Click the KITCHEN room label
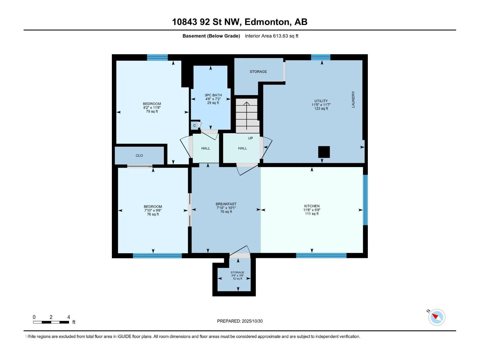coord(312,206)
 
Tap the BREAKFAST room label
coord(226,204)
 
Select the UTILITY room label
coord(321,101)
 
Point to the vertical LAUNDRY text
coord(353,100)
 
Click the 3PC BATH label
coord(213,95)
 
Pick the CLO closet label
coord(139,155)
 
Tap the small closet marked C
coord(194,126)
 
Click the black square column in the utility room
coord(324,152)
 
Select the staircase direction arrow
coord(247,115)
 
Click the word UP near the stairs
coord(250,138)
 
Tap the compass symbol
coord(436,317)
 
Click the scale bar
coord(51,322)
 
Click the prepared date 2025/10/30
coord(252,321)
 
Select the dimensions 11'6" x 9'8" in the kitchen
coord(312,210)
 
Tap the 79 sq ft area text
coord(152,112)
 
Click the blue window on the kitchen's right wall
coord(365,200)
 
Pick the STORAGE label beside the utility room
coord(258,71)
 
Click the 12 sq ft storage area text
coord(237,278)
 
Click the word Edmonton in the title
coord(268,22)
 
